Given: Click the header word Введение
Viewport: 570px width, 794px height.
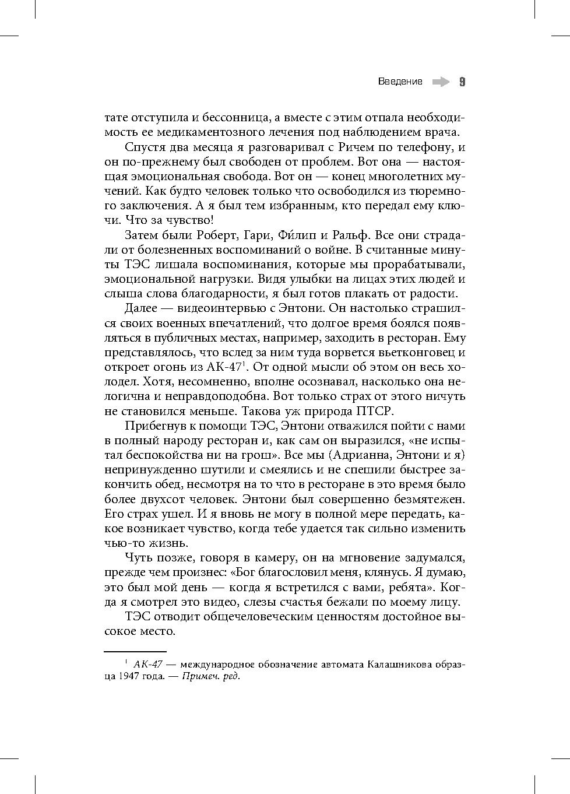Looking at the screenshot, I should tap(400, 82).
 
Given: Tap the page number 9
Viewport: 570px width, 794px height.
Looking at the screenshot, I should tap(462, 82).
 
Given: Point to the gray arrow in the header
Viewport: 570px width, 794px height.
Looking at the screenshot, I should tap(441, 82).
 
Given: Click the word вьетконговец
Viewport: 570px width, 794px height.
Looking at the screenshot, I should tap(412, 353).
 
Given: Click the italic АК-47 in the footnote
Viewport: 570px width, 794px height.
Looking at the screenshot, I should tap(147, 665).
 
